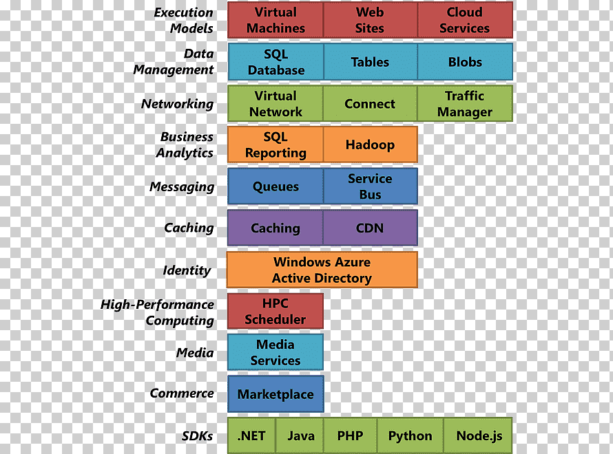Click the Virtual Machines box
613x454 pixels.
pyautogui.click(x=276, y=20)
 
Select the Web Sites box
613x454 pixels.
pyautogui.click(x=371, y=20)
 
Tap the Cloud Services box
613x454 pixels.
pyautogui.click(x=465, y=20)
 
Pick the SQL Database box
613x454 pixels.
pyautogui.click(x=276, y=62)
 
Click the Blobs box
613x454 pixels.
pyautogui.click(x=465, y=62)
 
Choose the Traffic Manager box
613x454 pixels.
pyautogui.click(x=465, y=103)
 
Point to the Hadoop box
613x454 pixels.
pyautogui.click(x=371, y=144)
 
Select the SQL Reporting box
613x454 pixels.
pyautogui.click(x=276, y=144)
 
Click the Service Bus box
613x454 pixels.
pyautogui.click(x=371, y=186)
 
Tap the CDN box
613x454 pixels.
pyautogui.click(x=371, y=228)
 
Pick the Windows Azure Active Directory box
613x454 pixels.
pyautogui.click(x=322, y=270)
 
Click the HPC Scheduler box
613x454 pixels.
pyautogui.click(x=276, y=311)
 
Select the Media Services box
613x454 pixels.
pyautogui.click(x=276, y=352)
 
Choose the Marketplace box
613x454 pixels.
pyautogui.click(x=276, y=394)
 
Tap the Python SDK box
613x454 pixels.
pyautogui.click(x=410, y=435)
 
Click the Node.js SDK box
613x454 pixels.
pyautogui.click(x=478, y=435)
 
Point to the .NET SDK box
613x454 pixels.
pyautogui.click(x=251, y=435)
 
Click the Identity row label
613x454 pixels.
pyautogui.click(x=187, y=270)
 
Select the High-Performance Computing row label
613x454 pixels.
pyautogui.click(x=158, y=312)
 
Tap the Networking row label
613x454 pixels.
pyautogui.click(x=178, y=104)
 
